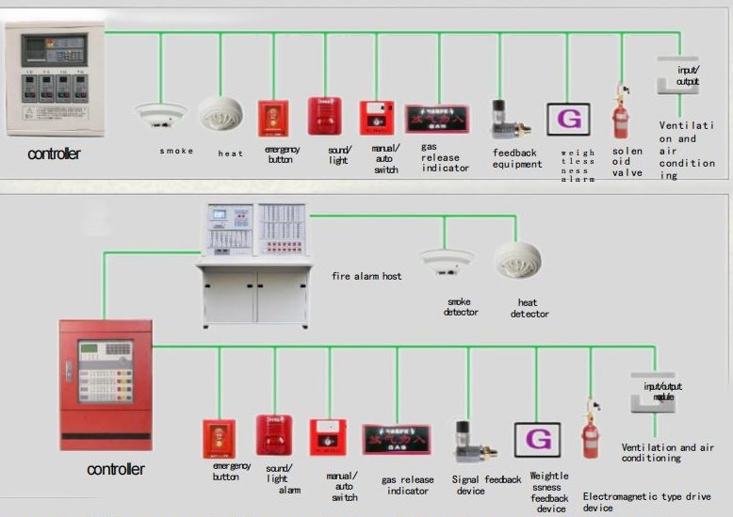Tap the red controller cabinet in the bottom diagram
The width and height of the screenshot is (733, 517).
tap(106, 384)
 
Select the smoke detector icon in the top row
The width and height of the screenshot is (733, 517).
tap(161, 115)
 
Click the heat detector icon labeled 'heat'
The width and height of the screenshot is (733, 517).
tap(220, 113)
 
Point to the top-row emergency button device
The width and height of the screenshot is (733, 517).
tap(273, 117)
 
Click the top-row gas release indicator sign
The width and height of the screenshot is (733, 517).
tap(436, 120)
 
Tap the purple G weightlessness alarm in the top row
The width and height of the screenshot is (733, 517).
tap(568, 120)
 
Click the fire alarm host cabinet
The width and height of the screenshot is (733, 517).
tap(255, 265)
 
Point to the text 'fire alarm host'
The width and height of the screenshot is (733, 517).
tap(366, 276)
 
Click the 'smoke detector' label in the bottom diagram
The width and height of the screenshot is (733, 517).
tap(461, 307)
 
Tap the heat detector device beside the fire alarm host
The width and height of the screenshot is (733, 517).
tap(517, 262)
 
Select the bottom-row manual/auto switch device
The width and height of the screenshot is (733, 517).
tap(328, 437)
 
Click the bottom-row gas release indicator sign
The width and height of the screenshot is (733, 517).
tap(397, 439)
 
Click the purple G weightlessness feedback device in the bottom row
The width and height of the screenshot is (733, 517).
tap(537, 440)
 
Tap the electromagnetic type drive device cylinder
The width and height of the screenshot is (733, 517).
tap(592, 438)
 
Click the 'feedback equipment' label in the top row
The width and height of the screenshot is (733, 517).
tap(516, 158)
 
